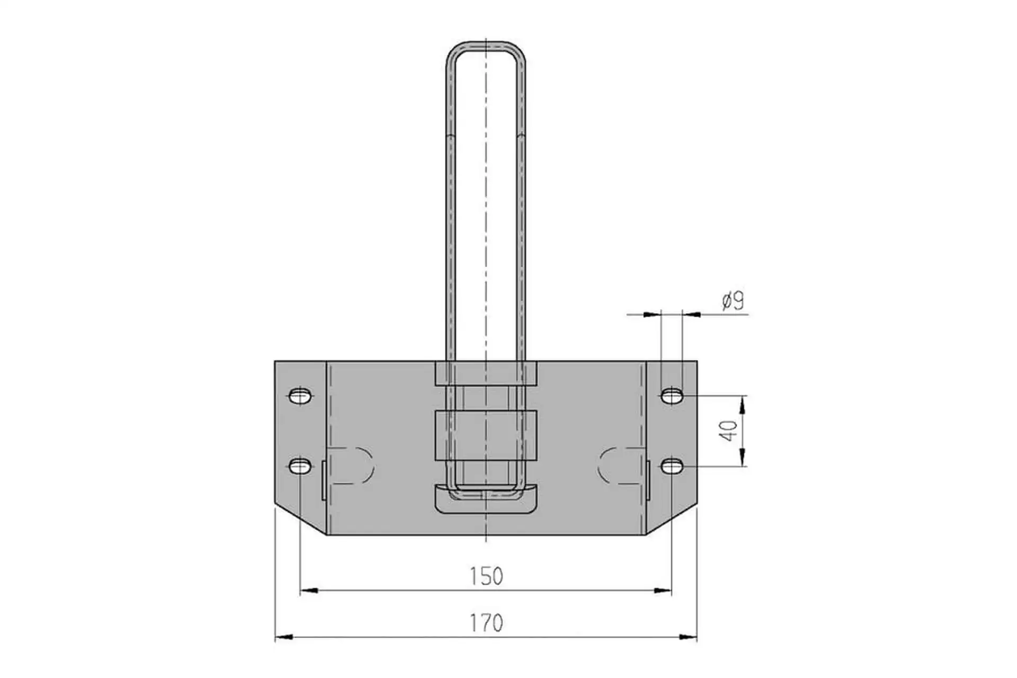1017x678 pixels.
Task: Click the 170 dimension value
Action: click(x=486, y=623)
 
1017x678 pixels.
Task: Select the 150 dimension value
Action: click(x=486, y=576)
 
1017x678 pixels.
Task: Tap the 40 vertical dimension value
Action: click(x=729, y=431)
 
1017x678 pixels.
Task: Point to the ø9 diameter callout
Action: click(x=733, y=301)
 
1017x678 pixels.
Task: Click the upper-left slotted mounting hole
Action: click(x=300, y=396)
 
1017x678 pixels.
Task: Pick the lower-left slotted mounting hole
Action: click(x=300, y=466)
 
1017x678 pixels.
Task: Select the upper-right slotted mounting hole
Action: click(x=672, y=396)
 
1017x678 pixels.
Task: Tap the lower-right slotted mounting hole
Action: click(x=672, y=466)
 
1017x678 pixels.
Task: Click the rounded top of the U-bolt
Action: click(x=486, y=43)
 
